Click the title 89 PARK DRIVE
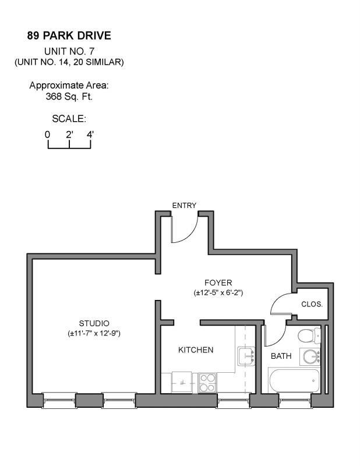[69, 36]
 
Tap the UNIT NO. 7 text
[69, 51]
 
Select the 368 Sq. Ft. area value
[69, 97]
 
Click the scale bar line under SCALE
[69, 147]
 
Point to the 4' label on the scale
[90, 135]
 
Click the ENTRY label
[184, 205]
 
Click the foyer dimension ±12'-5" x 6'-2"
[218, 292]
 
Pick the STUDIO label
[94, 323]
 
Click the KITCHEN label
[195, 350]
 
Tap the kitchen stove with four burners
[207, 382]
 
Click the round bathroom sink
[309, 356]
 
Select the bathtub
[294, 381]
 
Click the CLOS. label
[312, 304]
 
